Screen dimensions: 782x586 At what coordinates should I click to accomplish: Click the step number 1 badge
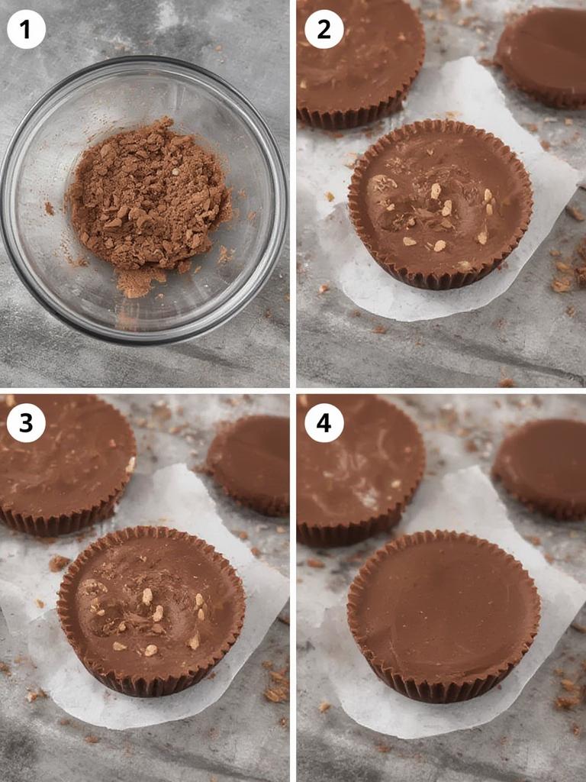[26, 30]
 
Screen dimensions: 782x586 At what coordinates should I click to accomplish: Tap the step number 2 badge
[324, 30]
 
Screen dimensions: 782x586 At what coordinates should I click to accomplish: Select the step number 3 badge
[26, 422]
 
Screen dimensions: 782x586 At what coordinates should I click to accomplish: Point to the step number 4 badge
[324, 422]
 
